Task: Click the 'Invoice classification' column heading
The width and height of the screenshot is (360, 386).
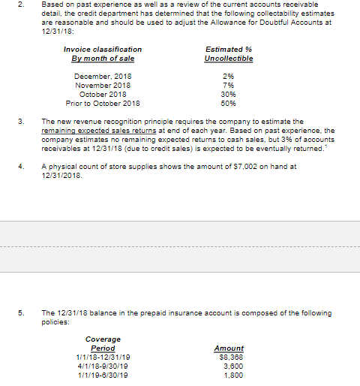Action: (x=103, y=50)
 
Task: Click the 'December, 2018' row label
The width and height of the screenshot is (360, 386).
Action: (x=103, y=77)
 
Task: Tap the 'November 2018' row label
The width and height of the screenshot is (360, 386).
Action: (x=103, y=86)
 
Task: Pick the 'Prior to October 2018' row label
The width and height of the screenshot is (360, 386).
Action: (x=103, y=104)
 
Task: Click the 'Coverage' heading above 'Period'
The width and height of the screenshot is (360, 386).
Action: (x=103, y=340)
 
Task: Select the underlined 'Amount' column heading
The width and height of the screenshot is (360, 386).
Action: (x=229, y=348)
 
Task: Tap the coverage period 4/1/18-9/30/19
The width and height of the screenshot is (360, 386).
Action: (x=101, y=365)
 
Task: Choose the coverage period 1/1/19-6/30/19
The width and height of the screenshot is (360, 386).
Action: (x=101, y=374)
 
